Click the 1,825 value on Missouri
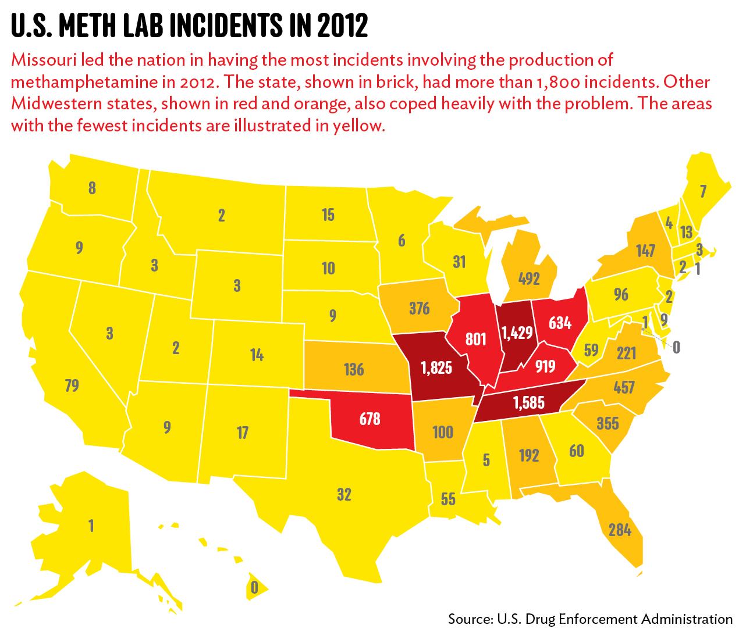436,368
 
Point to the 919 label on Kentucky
545,366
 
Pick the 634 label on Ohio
559,322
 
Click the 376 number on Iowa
418,308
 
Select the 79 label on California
72,385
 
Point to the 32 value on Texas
344,495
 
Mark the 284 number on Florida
620,530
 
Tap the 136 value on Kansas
354,369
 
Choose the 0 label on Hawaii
253,587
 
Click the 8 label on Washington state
92,188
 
